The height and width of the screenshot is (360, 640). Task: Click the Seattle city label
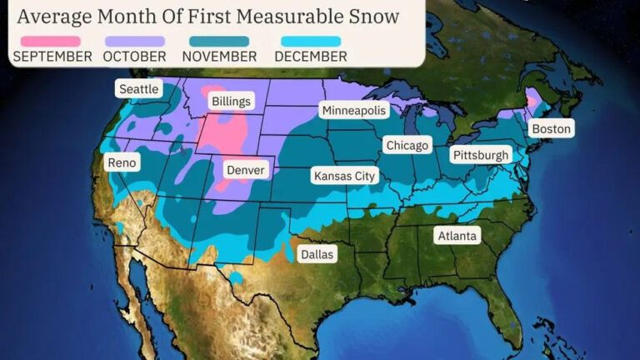click(139, 89)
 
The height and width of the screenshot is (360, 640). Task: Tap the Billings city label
click(231, 102)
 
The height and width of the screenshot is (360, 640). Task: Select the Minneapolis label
click(353, 111)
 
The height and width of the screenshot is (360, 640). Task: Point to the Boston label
click(552, 129)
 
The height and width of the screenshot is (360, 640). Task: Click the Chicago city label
click(407, 146)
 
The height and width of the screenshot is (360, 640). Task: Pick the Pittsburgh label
click(480, 155)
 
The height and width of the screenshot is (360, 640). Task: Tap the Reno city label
click(122, 162)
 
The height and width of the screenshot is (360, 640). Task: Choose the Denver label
click(246, 170)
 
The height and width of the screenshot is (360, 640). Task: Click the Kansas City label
click(344, 176)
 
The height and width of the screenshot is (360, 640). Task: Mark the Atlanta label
click(458, 236)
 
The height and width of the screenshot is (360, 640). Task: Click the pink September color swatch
click(51, 41)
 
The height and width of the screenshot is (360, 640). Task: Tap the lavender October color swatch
click(134, 41)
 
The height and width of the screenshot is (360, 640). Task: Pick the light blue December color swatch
click(310, 41)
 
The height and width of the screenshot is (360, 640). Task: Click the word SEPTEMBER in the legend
click(52, 57)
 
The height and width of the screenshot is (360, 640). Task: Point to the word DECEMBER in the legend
click(310, 57)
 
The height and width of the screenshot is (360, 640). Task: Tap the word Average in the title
click(54, 16)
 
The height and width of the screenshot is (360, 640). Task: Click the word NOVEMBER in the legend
click(220, 57)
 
